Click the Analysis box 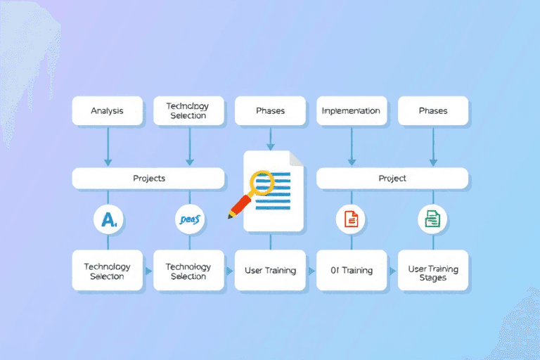(x=108, y=111)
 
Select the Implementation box (x=351, y=111)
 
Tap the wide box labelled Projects (x=148, y=178)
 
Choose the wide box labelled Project (x=392, y=178)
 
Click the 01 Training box (x=352, y=270)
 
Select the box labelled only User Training (x=270, y=270)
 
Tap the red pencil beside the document (x=240, y=206)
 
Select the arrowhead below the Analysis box (x=108, y=162)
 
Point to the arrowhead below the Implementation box (x=351, y=162)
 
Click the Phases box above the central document (x=270, y=111)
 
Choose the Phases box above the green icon (x=432, y=111)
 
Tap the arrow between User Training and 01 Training (x=311, y=270)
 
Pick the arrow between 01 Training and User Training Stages (x=392, y=270)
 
